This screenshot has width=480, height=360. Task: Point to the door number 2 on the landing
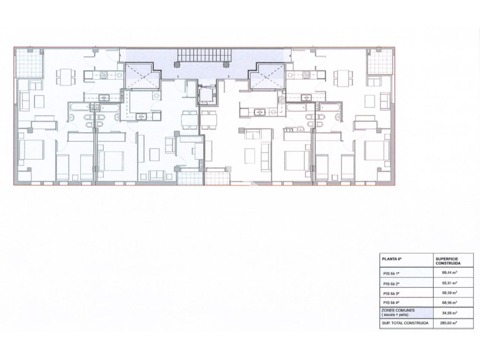[x=178, y=76]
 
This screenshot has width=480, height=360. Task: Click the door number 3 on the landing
[x=228, y=76]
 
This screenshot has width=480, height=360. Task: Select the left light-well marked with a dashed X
[x=142, y=76]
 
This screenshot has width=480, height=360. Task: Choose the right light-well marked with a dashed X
[x=267, y=76]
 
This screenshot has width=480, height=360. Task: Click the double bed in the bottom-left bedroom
[x=31, y=150]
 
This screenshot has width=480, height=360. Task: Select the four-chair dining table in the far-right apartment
[x=343, y=78]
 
